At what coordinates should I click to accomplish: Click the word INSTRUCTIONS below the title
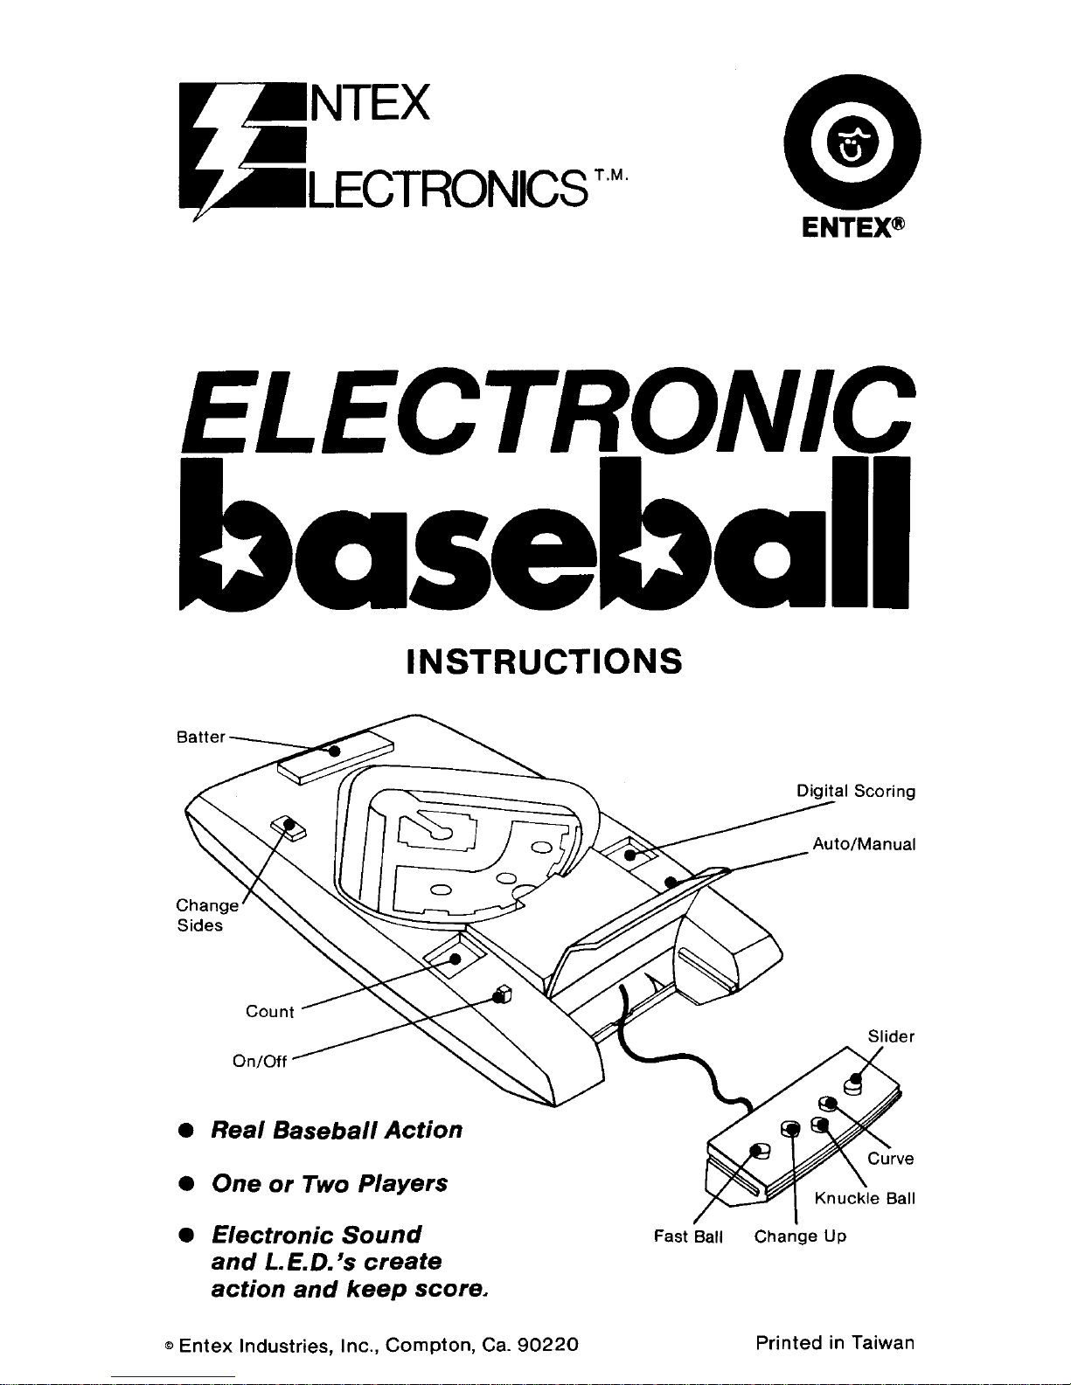544,661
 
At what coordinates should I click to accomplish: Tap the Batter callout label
201,737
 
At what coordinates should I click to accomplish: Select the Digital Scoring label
855,792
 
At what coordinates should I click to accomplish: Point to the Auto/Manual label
864,844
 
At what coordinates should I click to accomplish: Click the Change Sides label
205,915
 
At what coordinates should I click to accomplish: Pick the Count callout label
270,1012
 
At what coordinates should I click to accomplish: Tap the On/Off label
260,1061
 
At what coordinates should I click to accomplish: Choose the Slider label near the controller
891,1036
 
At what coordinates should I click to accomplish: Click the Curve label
891,1159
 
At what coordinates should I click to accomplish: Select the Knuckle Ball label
864,1198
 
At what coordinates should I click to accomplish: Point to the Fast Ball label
688,1236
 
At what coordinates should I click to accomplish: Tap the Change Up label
800,1236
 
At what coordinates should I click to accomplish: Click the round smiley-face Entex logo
852,143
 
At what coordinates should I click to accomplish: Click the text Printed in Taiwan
834,1343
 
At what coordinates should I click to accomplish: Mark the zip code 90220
547,1345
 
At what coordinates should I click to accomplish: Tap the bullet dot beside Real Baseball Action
185,1131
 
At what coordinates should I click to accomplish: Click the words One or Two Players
330,1184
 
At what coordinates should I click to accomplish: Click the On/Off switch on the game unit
502,994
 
